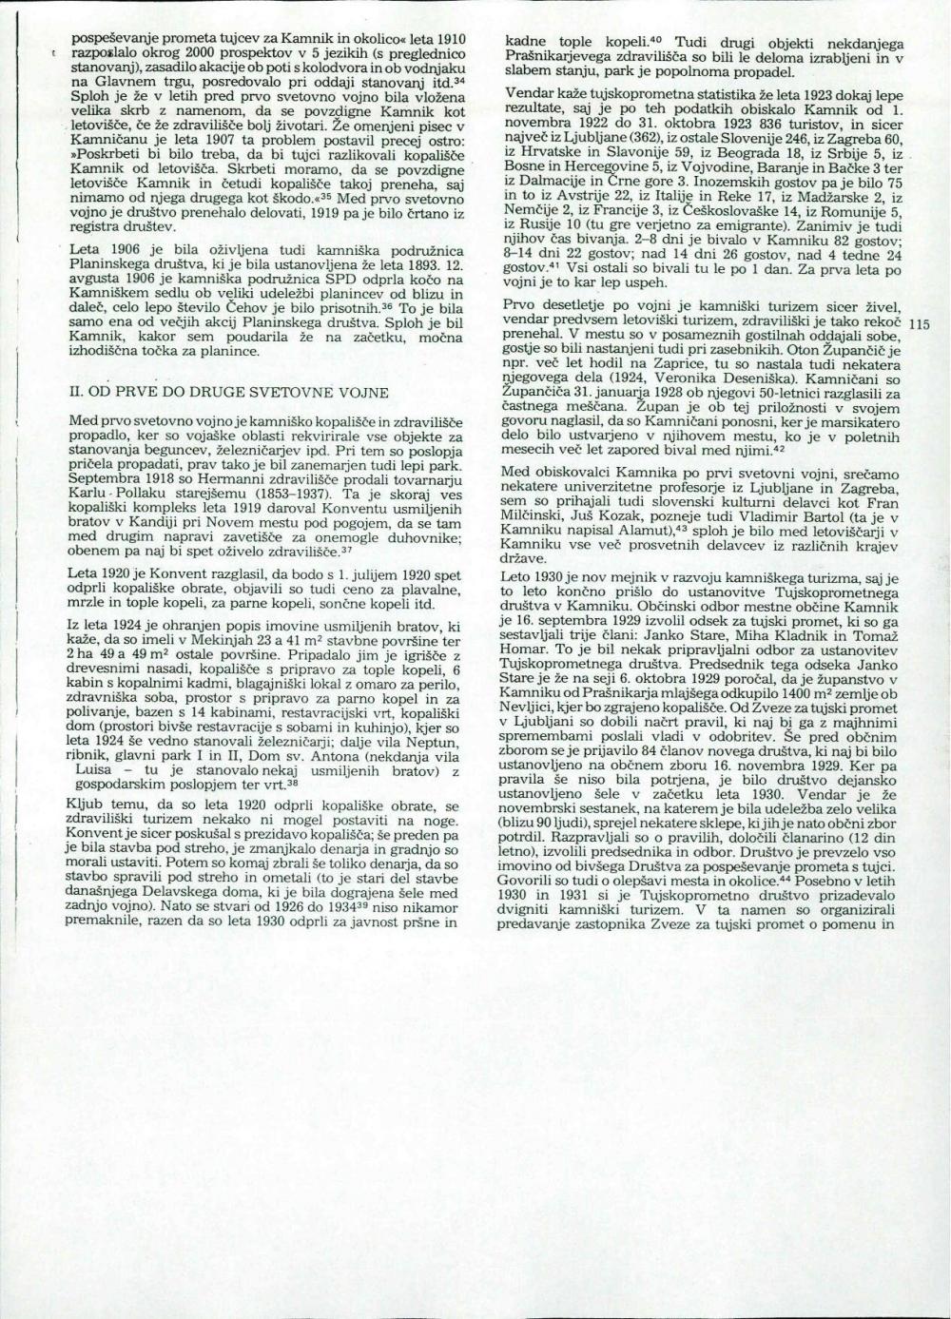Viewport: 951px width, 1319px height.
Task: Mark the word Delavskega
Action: pos(186,894)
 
